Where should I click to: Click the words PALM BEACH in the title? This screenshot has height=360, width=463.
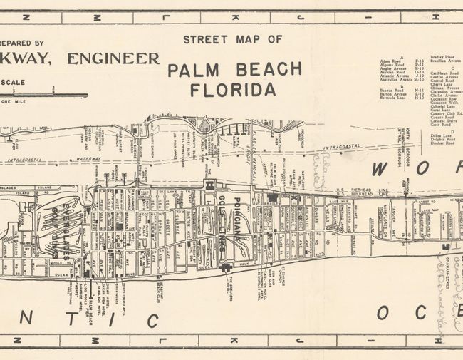234,69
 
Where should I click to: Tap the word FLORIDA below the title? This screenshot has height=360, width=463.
232,90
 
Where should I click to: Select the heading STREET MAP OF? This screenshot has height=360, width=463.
232,39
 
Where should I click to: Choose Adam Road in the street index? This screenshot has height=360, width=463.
391,61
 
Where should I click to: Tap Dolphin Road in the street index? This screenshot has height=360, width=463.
442,139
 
